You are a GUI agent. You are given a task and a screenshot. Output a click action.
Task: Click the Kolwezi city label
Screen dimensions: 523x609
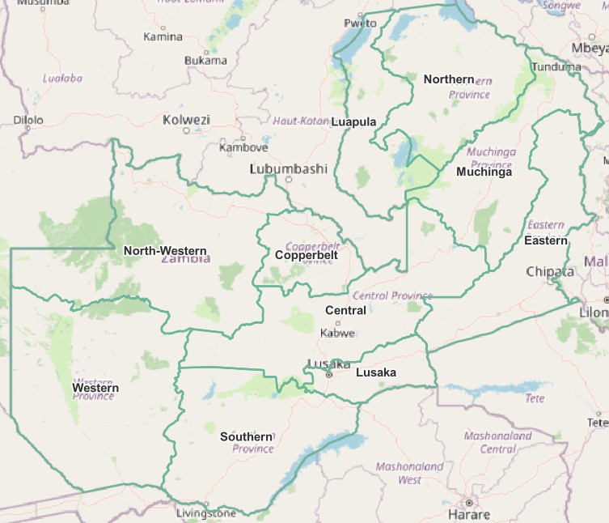[x=186, y=120]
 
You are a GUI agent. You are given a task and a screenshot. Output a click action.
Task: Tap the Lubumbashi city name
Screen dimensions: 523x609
[x=288, y=169]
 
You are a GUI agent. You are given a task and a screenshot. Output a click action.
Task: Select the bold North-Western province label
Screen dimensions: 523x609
[x=165, y=251]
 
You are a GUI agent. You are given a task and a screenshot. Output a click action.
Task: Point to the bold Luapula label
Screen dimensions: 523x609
[x=353, y=122]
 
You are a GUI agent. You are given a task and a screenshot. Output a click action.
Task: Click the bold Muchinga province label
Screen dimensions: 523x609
[x=484, y=172]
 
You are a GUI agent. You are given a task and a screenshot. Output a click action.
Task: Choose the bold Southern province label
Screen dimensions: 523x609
[x=247, y=436]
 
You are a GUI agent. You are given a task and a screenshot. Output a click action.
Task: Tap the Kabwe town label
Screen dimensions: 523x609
[x=337, y=333]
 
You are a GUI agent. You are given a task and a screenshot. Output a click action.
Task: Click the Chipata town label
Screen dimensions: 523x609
[x=550, y=271]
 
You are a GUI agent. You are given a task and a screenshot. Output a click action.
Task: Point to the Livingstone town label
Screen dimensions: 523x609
[x=207, y=513]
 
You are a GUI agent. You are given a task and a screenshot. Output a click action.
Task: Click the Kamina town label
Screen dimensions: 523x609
[x=163, y=36]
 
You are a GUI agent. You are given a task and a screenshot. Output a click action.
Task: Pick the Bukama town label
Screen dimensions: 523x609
[x=205, y=60]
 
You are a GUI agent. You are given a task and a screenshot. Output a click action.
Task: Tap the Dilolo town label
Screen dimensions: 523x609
[x=28, y=121]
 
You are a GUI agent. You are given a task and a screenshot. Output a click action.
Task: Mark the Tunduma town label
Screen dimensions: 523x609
[x=558, y=67]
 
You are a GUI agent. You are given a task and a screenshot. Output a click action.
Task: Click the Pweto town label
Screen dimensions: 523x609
[x=361, y=23]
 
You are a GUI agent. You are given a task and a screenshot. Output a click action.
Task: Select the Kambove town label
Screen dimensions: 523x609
[x=243, y=147]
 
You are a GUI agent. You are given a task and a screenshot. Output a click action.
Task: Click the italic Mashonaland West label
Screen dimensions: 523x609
[x=409, y=473]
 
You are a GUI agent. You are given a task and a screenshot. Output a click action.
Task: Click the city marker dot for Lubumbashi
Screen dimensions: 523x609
[x=289, y=180]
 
